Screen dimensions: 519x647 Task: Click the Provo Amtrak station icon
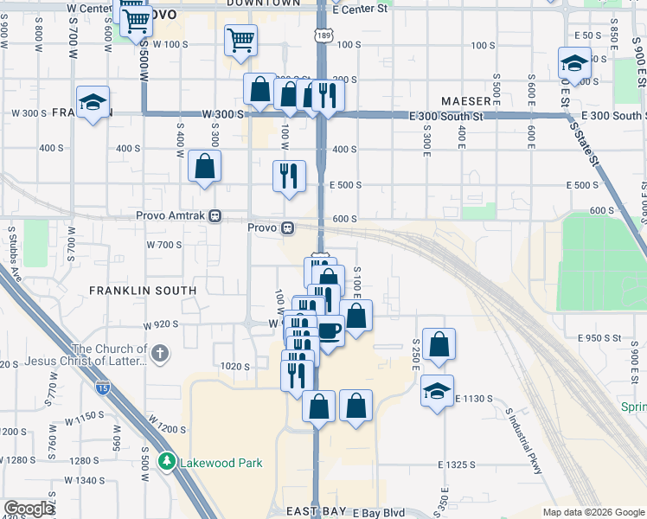click(x=216, y=216)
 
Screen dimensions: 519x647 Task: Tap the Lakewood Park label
click(x=221, y=463)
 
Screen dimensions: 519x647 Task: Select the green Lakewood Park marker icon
click(x=168, y=462)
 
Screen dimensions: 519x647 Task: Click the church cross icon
click(x=161, y=354)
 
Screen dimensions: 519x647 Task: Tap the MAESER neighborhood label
click(x=465, y=101)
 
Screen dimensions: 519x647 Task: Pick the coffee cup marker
click(x=329, y=329)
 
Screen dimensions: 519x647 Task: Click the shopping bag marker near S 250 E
click(x=439, y=343)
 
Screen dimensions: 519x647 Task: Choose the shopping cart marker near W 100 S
click(x=240, y=39)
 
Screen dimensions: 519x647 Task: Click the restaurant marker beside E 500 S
click(x=289, y=176)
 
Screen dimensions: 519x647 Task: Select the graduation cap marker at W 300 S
click(x=93, y=102)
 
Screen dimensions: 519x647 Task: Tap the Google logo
click(x=29, y=509)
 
